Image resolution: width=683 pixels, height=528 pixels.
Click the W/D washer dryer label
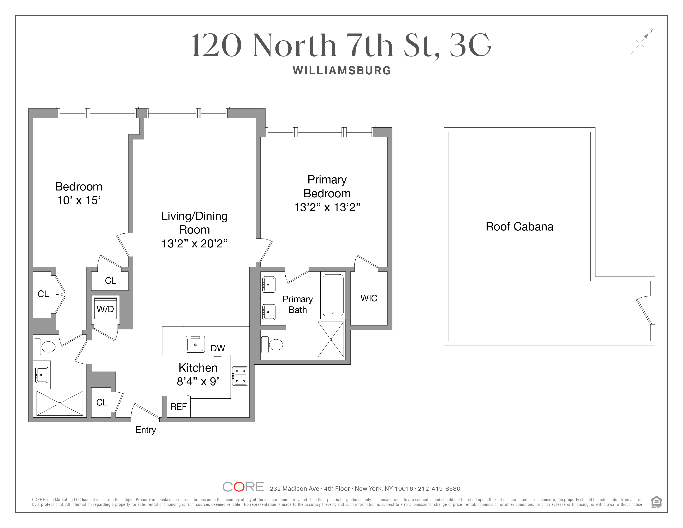pos(105,309)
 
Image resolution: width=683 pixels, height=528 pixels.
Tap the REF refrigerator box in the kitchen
pos(179,407)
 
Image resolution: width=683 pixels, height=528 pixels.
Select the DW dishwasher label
pos(218,348)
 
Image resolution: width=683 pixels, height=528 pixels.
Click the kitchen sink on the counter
pos(195,344)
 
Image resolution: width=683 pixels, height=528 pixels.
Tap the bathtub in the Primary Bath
pos(333,295)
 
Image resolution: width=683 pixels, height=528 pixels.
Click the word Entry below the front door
pos(146,430)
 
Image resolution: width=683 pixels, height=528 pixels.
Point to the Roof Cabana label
pos(519,227)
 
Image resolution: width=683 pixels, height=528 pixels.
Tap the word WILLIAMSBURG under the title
pos(342,70)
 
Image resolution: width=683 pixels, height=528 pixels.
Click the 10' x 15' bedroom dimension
pos(79,200)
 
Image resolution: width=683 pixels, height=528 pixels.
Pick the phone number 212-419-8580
pos(439,489)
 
